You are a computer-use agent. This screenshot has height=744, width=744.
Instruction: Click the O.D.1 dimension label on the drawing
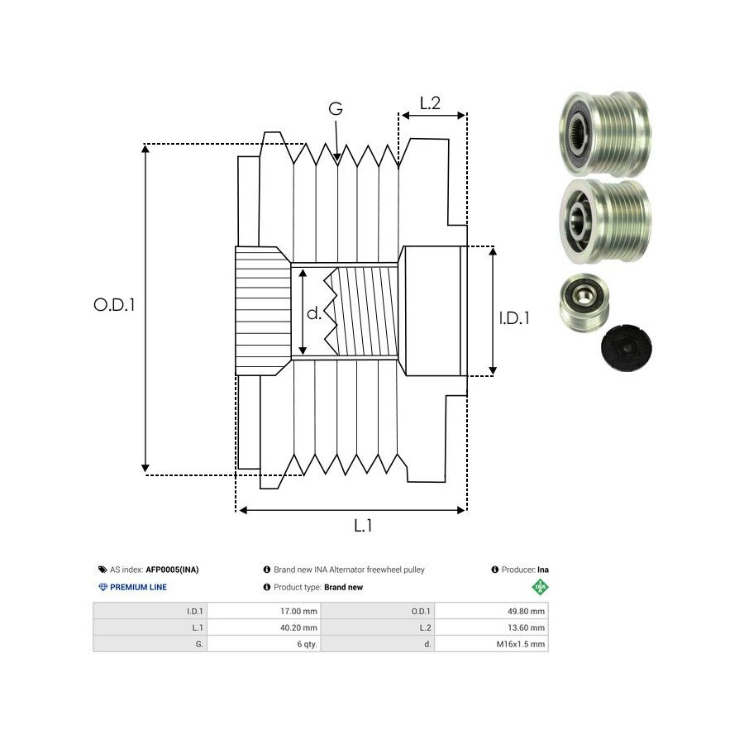pos(114,304)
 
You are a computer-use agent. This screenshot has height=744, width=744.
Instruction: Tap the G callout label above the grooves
pos(336,109)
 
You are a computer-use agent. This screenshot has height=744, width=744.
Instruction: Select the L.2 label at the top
pos(430,103)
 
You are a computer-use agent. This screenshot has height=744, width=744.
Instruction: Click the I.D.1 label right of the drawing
pos(514,317)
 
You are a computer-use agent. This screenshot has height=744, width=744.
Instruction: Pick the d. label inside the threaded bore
pos(314,313)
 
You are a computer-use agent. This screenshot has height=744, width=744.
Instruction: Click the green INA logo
pos(540,587)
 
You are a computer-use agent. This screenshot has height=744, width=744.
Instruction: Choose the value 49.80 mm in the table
pos(525,612)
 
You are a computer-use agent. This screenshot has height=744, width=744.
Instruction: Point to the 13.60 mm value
pos(526,627)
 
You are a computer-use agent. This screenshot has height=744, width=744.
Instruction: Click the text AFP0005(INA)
pos(172,570)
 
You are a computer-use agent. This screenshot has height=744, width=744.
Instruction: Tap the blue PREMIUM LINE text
pos(137,587)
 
